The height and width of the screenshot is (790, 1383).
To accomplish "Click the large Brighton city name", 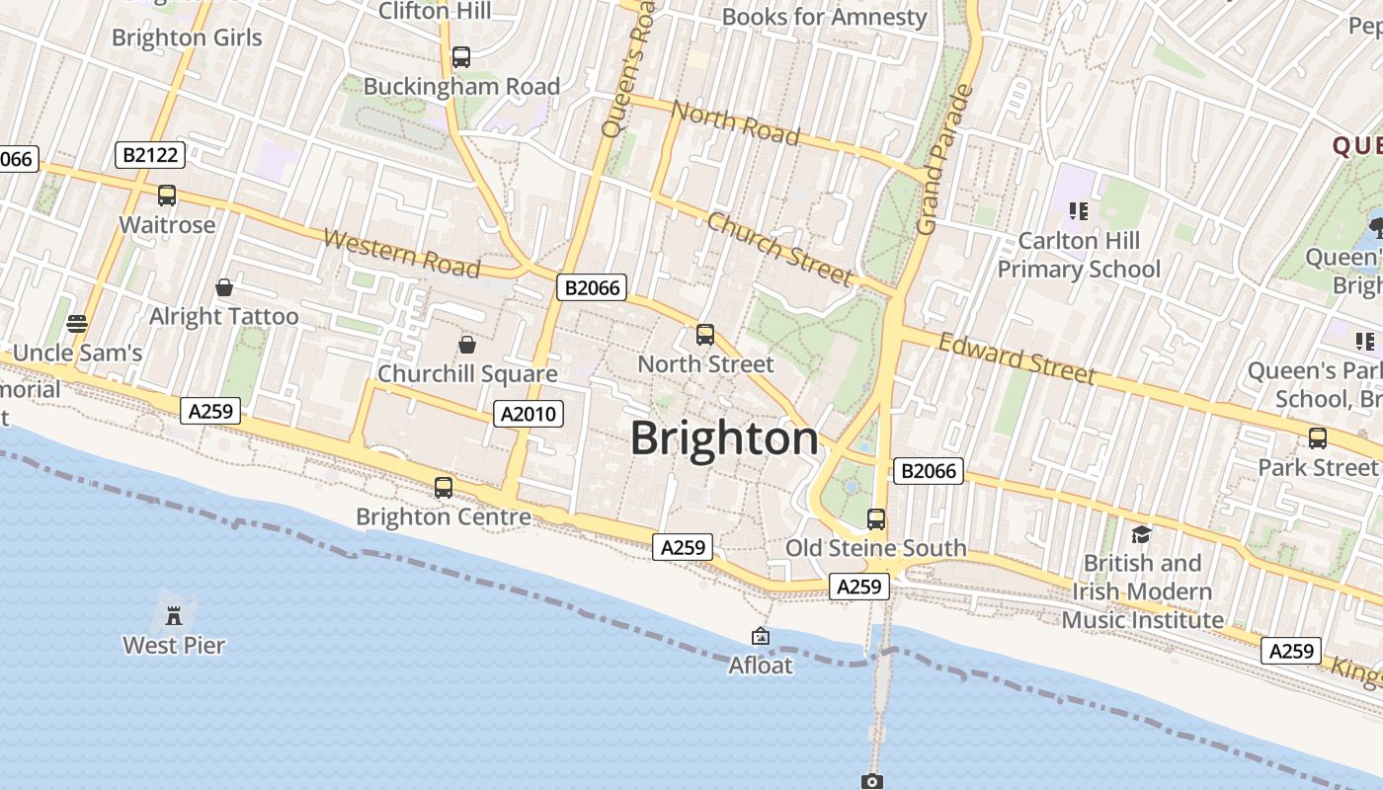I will (x=724, y=438).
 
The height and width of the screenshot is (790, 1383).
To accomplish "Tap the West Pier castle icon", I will (x=174, y=616).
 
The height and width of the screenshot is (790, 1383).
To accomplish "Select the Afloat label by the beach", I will (x=761, y=666).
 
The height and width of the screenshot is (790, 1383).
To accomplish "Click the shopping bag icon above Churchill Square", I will (x=467, y=345).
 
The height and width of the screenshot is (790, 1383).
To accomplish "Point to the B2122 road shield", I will (x=150, y=154).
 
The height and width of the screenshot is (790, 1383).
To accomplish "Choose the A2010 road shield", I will (x=529, y=414).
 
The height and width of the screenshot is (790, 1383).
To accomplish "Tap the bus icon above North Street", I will (x=705, y=335).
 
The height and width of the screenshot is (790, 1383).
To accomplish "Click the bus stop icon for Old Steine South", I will (x=875, y=518).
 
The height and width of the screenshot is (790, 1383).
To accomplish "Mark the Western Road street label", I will (x=401, y=254).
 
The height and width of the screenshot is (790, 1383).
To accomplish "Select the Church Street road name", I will (x=779, y=248).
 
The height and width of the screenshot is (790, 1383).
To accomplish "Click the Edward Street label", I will (x=1017, y=357).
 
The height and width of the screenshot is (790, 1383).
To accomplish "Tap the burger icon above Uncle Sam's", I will (x=77, y=324).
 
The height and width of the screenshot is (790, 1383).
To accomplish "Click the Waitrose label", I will (x=167, y=225).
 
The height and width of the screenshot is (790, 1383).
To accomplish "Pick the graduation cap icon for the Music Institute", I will (x=1142, y=534).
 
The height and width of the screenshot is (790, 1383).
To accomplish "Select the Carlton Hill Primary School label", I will (x=1079, y=255).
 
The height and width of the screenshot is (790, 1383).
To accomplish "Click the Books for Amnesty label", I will (x=825, y=17).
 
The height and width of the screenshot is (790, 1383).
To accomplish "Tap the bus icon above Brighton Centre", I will (x=444, y=487).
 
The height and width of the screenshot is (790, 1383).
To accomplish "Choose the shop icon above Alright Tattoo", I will (x=224, y=287).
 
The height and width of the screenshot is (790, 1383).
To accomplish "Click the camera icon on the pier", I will (x=871, y=781).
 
